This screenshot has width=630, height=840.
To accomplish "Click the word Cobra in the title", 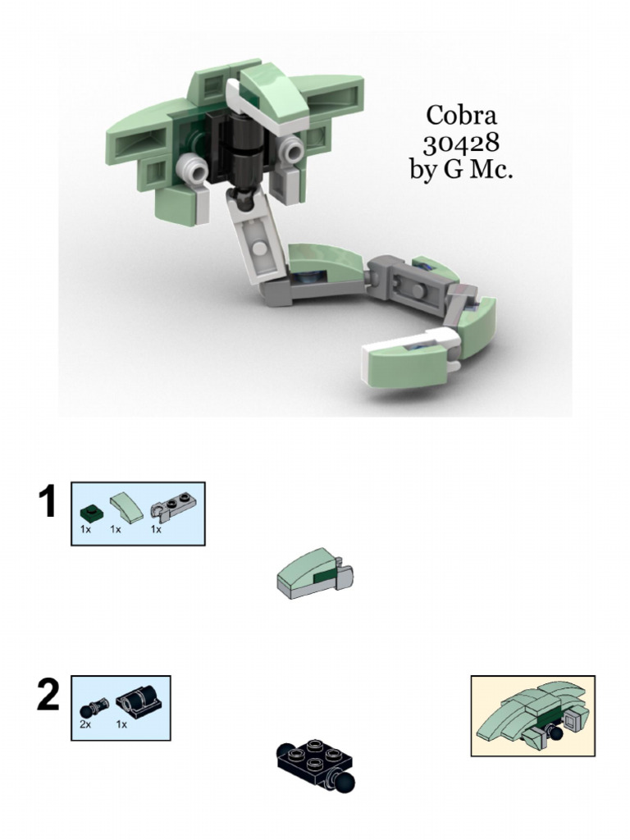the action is [461, 115].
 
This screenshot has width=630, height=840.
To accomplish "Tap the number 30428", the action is [461, 143].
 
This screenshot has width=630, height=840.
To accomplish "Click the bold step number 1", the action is [48, 501].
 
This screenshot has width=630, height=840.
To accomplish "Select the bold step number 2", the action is [48, 695].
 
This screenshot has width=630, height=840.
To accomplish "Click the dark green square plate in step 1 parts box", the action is [89, 514].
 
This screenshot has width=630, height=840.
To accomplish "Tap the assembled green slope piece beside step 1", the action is [315, 573].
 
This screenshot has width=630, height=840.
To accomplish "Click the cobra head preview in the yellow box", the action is [533, 715].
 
